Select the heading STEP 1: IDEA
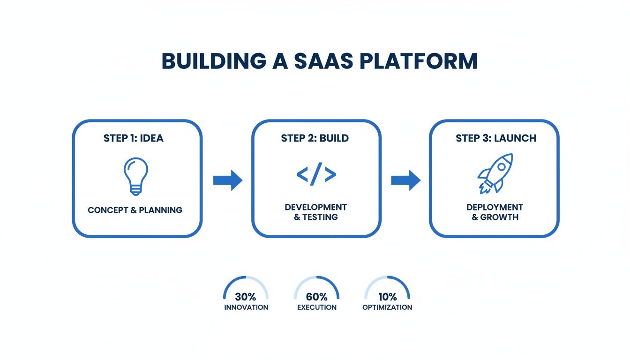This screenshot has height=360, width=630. point(134,138)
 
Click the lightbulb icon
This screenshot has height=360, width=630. point(135,176)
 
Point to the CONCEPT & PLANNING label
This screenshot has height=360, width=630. point(135,210)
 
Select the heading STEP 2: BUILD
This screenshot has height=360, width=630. point(315,138)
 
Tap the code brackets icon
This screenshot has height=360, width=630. point(316,175)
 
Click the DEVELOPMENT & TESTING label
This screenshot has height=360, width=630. point(316,212)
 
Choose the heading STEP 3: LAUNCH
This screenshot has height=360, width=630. point(496,138)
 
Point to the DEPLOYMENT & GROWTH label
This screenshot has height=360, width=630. point(495,212)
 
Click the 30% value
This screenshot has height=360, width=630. point(246,297)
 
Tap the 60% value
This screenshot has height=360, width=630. point(316,297)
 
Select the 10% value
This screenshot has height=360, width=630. point(387,297)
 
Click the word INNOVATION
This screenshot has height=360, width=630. point(246,307)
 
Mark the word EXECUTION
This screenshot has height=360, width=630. point(317,307)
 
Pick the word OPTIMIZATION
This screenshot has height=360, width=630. point(387,307)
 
